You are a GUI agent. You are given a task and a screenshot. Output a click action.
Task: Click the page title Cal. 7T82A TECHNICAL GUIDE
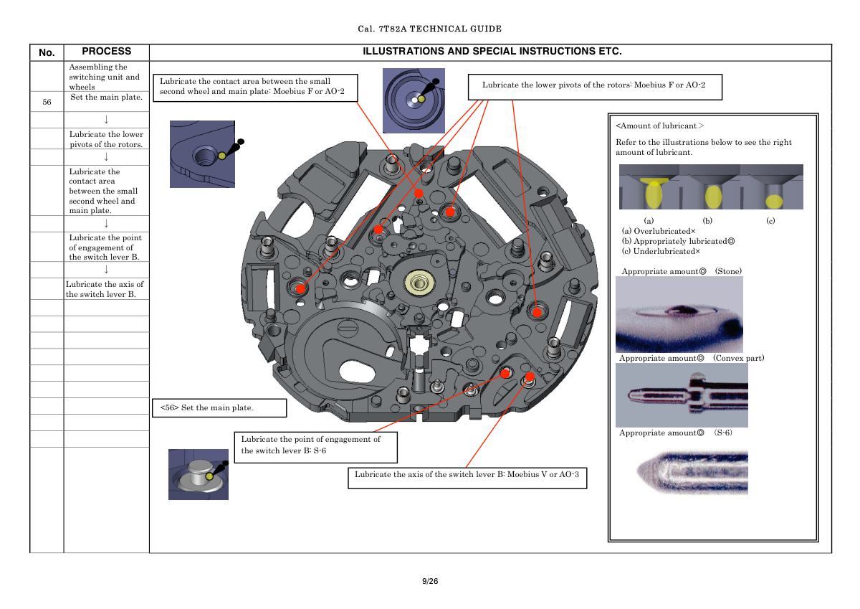[x=429, y=29]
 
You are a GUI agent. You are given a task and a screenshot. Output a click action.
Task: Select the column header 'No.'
[x=47, y=52]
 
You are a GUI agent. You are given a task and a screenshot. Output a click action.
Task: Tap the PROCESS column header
[x=106, y=52]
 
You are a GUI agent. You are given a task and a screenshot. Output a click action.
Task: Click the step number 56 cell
[x=47, y=102]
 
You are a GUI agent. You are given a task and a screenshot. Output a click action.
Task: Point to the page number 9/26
[x=429, y=581]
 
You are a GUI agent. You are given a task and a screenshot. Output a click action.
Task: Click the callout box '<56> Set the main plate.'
[x=219, y=408]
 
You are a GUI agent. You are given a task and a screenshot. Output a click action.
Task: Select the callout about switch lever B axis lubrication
[x=467, y=475]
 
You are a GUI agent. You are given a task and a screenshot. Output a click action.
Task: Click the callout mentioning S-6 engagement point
[x=315, y=445]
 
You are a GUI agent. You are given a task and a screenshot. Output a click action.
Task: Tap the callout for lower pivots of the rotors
[x=594, y=85]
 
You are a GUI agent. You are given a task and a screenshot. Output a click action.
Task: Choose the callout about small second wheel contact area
[x=254, y=87]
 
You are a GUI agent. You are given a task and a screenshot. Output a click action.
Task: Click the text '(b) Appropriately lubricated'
[x=678, y=241]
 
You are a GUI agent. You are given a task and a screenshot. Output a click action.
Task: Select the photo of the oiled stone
[x=679, y=314]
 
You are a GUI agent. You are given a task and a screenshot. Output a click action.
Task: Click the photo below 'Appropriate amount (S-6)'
[x=692, y=472]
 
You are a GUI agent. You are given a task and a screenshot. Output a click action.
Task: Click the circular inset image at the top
[x=414, y=100]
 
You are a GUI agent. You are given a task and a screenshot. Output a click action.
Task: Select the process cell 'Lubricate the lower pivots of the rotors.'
[x=106, y=139]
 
